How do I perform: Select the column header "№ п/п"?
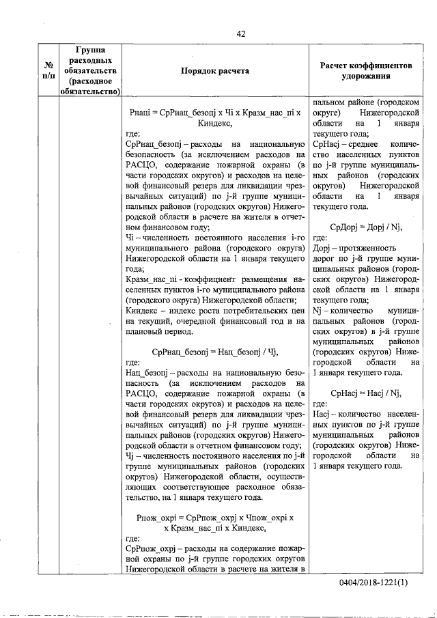pos(48,70)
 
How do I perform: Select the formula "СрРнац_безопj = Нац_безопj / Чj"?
pos(214,351)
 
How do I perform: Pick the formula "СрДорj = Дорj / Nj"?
pos(366,226)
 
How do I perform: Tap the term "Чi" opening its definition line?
pos(132,238)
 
